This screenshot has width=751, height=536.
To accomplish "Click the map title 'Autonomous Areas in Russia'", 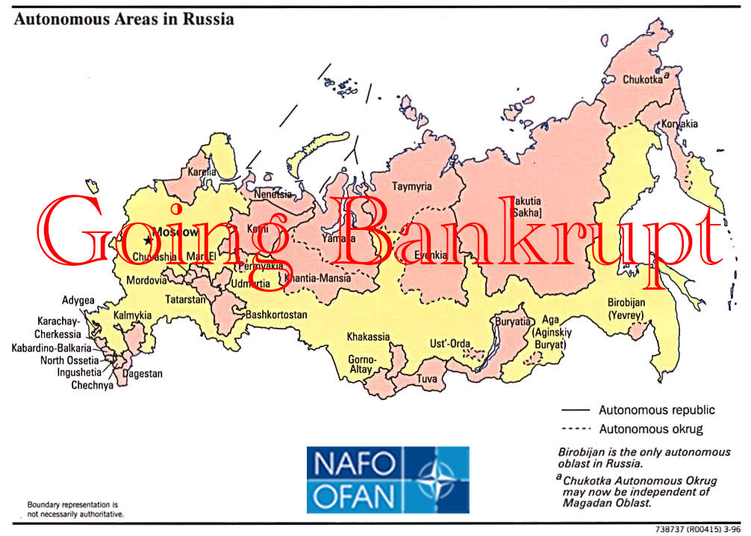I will click(x=123, y=19).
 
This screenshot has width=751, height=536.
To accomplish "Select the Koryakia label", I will click(x=677, y=125).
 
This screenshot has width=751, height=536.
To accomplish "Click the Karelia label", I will click(x=202, y=172).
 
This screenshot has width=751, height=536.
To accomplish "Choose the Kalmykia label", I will click(x=132, y=316).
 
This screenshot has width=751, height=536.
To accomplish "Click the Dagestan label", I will click(x=142, y=373).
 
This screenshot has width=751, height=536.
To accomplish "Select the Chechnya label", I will click(x=92, y=385).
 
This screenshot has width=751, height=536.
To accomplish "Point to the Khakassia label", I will click(x=368, y=337).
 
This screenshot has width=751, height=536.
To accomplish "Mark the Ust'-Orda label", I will click(x=450, y=344).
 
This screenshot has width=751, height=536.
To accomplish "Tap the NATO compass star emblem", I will click(x=435, y=479).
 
